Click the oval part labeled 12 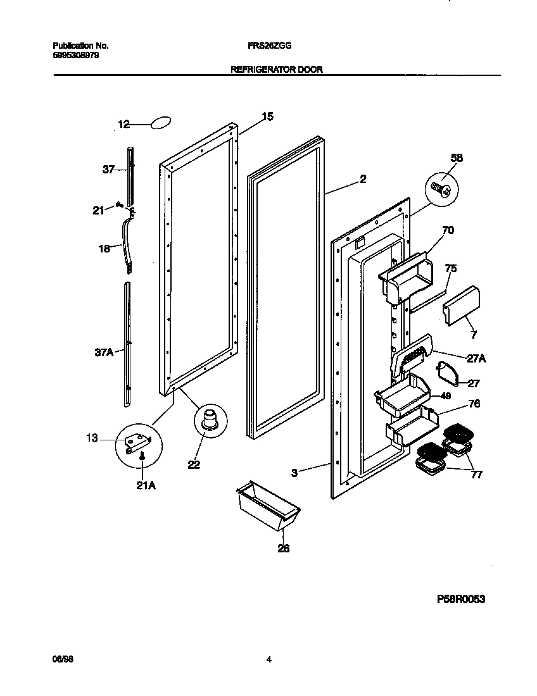161,123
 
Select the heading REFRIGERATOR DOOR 276,70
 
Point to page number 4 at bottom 268,659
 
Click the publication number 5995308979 75,55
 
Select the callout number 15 267,116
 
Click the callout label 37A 104,352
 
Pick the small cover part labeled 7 458,303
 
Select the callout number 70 448,231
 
